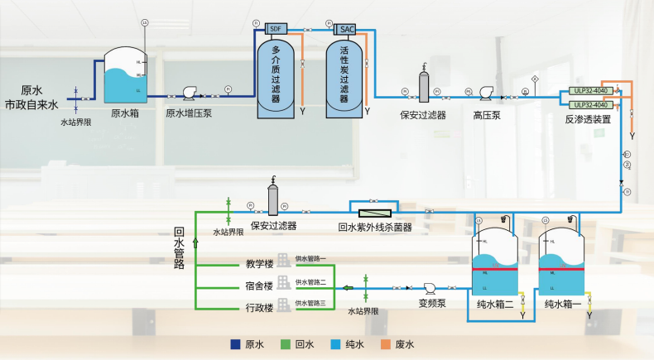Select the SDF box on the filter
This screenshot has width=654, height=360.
coord(275,28)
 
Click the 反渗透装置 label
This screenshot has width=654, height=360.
coord(588,120)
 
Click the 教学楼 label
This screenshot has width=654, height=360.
coord(259,265)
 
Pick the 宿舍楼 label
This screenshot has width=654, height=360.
coord(259,286)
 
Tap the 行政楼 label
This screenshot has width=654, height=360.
coord(259,308)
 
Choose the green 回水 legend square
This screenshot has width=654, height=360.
coord(286,343)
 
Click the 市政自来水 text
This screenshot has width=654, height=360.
coord(32,105)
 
